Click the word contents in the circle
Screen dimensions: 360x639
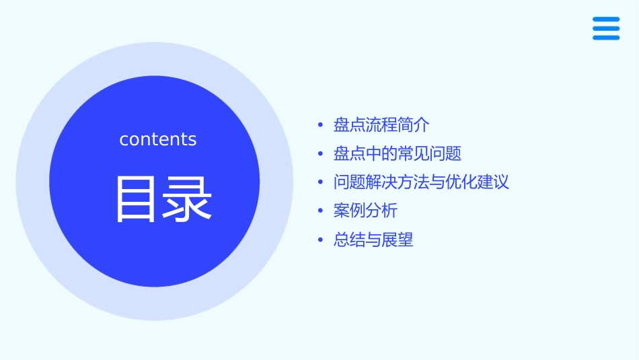(x=158, y=139)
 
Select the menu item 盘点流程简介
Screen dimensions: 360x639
(x=381, y=125)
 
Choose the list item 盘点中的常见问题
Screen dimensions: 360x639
(x=398, y=153)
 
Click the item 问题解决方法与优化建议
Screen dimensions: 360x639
(x=421, y=182)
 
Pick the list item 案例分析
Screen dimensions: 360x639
(x=365, y=211)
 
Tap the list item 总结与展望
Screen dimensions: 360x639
(x=373, y=240)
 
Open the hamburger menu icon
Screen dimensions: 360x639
(x=606, y=28)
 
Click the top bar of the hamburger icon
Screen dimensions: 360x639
(x=606, y=20)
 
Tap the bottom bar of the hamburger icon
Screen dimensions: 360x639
(x=606, y=38)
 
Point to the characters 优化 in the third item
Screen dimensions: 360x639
(x=461, y=182)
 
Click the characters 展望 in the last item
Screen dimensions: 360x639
(x=398, y=240)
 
